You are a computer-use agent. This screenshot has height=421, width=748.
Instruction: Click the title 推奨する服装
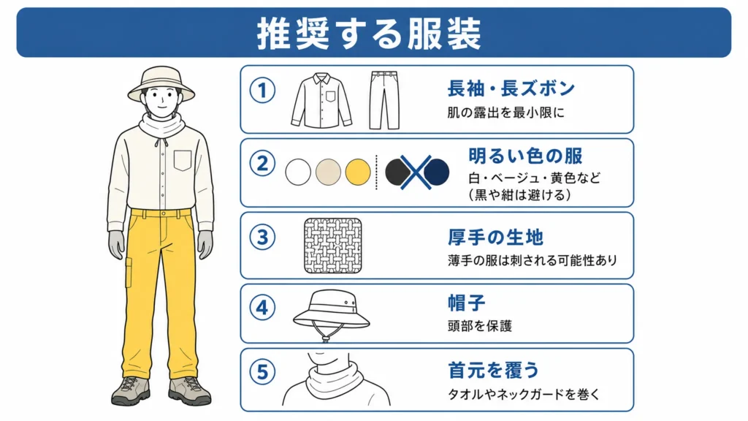pyautogui.click(x=369, y=34)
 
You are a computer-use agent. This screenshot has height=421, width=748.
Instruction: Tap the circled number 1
pyautogui.click(x=262, y=90)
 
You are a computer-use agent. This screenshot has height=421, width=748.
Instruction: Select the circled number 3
pyautogui.click(x=262, y=238)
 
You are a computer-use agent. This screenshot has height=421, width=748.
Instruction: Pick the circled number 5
pyautogui.click(x=262, y=372)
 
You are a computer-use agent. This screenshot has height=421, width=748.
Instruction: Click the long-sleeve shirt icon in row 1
pyautogui.click(x=321, y=100)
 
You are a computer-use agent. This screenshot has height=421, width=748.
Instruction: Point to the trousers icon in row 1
pyautogui.click(x=384, y=100)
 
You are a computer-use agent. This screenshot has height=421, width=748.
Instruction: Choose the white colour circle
pyautogui.click(x=298, y=172)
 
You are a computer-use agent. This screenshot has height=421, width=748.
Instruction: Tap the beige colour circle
pyautogui.click(x=328, y=172)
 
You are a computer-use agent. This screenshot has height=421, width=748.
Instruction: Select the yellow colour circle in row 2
pyautogui.click(x=358, y=172)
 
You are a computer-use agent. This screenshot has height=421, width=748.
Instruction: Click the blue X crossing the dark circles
pyautogui.click(x=416, y=172)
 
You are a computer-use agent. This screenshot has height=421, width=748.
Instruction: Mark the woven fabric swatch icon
pyautogui.click(x=333, y=246)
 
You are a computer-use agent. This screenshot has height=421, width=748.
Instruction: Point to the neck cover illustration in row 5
pyautogui.click(x=336, y=379)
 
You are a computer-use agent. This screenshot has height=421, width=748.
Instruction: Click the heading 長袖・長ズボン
pyautogui.click(x=511, y=88)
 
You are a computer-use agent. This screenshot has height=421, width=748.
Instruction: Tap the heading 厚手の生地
pyautogui.click(x=495, y=238)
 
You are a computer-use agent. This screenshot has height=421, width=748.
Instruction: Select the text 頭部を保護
pyautogui.click(x=479, y=326)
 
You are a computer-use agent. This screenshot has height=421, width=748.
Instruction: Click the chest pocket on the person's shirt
pyautogui.click(x=183, y=160)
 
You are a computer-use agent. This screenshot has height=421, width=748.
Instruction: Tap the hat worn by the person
pyautogui.click(x=161, y=83)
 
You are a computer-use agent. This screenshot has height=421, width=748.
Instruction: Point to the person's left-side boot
pyautogui.click(x=131, y=390)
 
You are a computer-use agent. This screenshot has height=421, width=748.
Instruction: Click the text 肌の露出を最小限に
pyautogui.click(x=505, y=113)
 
